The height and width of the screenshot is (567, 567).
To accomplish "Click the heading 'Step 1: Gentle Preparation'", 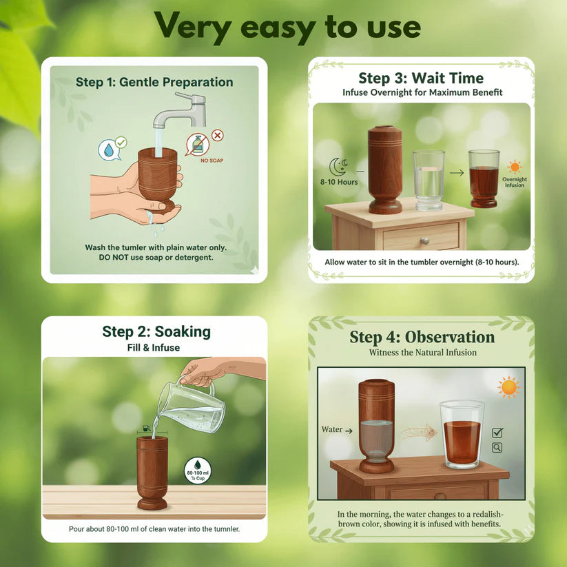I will (154, 82).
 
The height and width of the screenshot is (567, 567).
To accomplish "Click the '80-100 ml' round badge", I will (197, 471).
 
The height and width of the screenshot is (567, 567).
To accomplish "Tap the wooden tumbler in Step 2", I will (152, 471).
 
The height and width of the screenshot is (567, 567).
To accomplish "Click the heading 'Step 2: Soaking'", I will (156, 331).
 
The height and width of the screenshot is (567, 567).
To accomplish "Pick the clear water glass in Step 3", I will (429, 181).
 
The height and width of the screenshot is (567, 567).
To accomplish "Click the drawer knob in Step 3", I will (425, 240).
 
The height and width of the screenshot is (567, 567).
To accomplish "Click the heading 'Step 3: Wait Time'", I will (420, 78).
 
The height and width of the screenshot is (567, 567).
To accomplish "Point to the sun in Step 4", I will (509, 386).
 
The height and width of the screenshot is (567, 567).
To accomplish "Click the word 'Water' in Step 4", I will (332, 429).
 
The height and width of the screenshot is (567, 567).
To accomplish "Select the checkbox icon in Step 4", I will (497, 433).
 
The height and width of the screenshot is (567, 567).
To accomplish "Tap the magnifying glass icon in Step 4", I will (497, 448).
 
